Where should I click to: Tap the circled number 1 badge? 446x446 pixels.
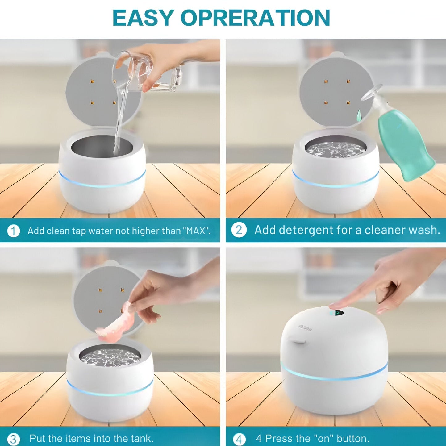point(13,231)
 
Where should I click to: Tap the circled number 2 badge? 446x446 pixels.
point(239,230)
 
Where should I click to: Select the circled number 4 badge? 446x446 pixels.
point(239,439)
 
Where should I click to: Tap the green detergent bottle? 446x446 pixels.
point(404,142)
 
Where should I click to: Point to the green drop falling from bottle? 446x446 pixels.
point(359,115)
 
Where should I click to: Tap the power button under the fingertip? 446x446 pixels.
point(337,313)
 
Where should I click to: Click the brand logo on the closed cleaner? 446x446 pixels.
point(305,327)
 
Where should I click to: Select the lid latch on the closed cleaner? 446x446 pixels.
point(298,342)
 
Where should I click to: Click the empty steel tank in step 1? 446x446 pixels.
point(102,147)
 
